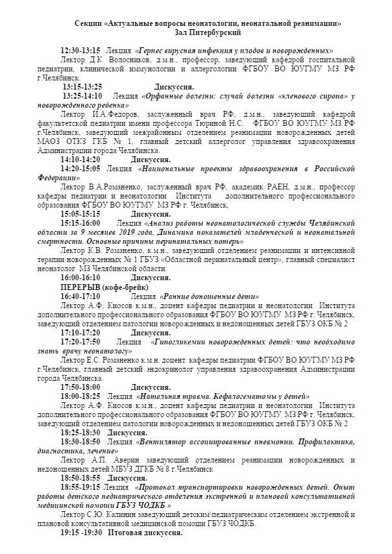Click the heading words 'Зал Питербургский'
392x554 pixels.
click(x=208, y=32)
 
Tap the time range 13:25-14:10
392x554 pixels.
click(x=83, y=95)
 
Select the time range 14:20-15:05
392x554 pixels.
click(x=81, y=167)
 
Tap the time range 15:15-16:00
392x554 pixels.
click(x=81, y=222)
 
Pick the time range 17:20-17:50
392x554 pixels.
click(x=81, y=341)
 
